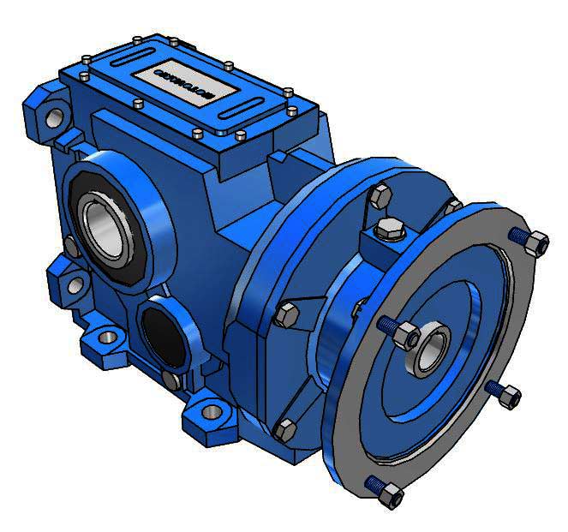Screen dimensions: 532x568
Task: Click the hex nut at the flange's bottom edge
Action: coord(390,494)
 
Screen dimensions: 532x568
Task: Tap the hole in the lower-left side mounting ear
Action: coord(75,284)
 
